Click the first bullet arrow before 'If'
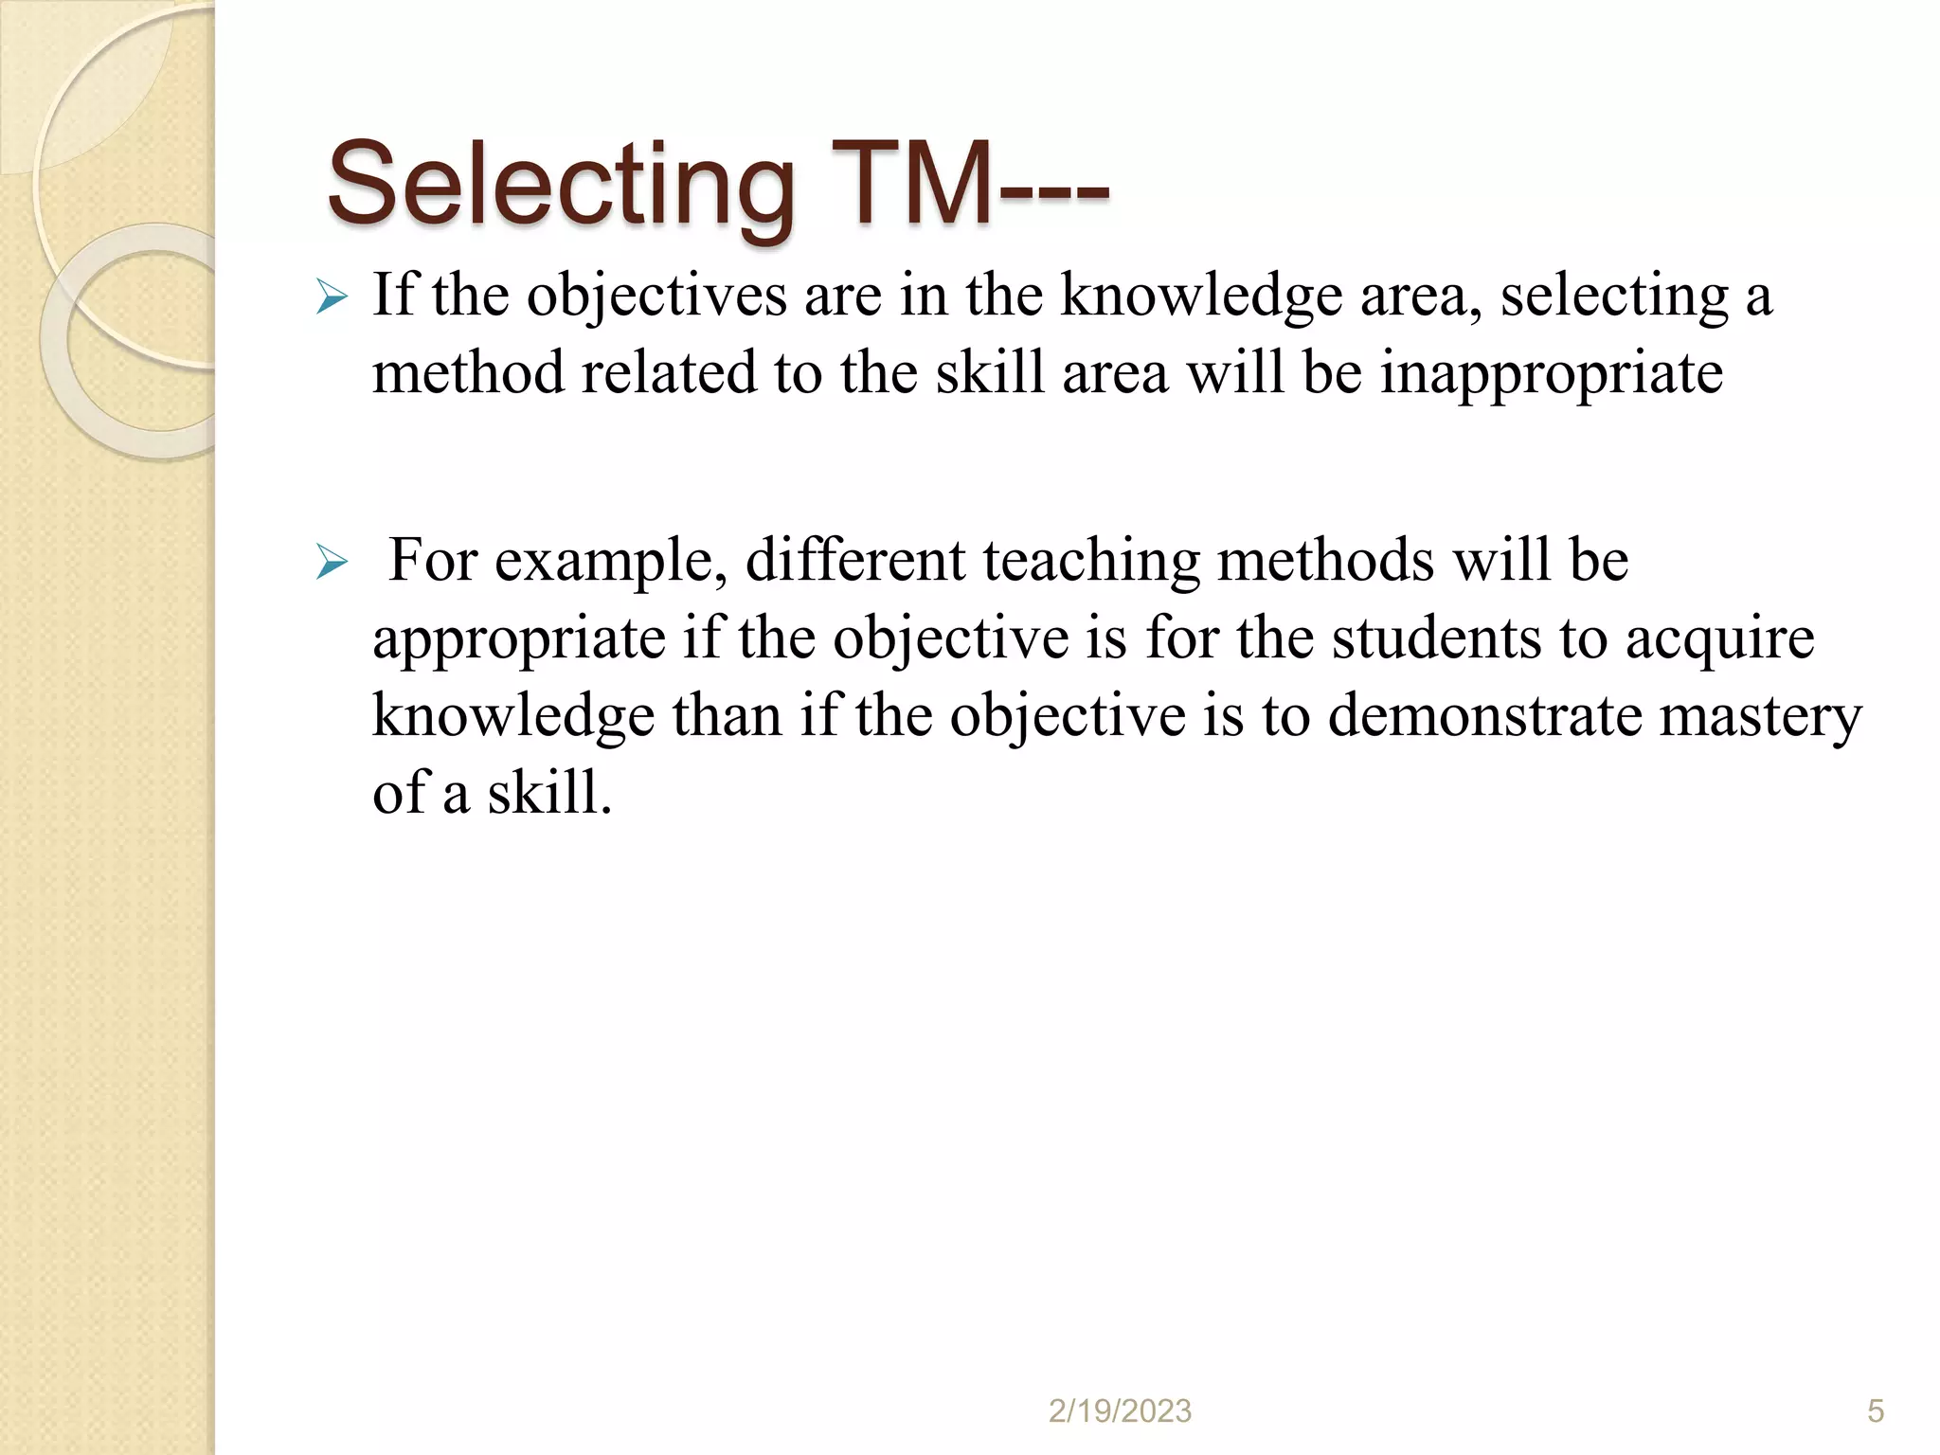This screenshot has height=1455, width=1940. pyautogui.click(x=332, y=297)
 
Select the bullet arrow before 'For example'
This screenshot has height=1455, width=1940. pyautogui.click(x=332, y=563)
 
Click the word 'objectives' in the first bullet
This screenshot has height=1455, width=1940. pyautogui.click(x=656, y=296)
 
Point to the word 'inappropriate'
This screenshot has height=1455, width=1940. pyautogui.click(x=1551, y=373)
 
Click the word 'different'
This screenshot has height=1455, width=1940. pyautogui.click(x=855, y=561)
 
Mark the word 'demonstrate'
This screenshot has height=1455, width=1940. pyautogui.click(x=1484, y=716)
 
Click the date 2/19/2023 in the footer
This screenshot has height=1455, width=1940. pyautogui.click(x=1120, y=1411)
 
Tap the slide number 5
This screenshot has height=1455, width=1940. pyautogui.click(x=1876, y=1411)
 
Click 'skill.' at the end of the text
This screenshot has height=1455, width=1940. pyautogui.click(x=549, y=793)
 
